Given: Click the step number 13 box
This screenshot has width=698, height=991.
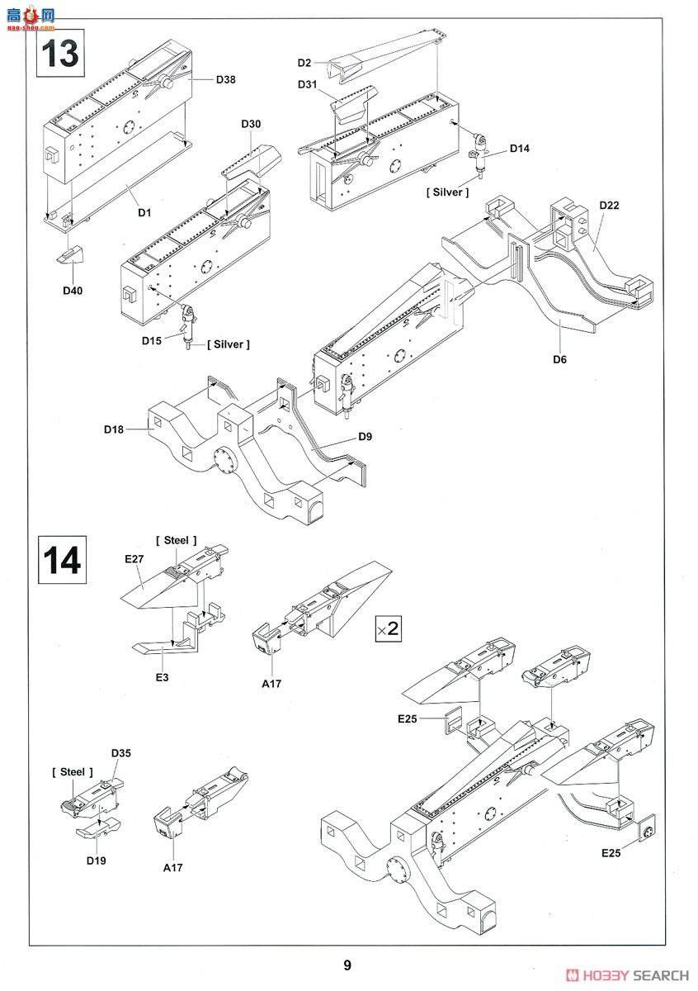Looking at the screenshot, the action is pyautogui.click(x=60, y=53).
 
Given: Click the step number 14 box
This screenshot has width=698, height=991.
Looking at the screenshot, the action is pyautogui.click(x=62, y=560).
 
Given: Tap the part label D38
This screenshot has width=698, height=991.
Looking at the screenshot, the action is pyautogui.click(x=225, y=79).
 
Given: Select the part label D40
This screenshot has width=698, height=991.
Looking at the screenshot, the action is pyautogui.click(x=73, y=291).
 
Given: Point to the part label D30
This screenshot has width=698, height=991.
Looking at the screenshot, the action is pyautogui.click(x=251, y=124).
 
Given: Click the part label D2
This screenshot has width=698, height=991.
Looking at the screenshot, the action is pyautogui.click(x=304, y=63).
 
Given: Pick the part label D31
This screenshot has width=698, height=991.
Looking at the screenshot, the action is pyautogui.click(x=307, y=84).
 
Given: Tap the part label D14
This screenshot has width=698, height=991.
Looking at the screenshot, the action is pyautogui.click(x=520, y=148).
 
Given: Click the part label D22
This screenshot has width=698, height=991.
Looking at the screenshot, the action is pyautogui.click(x=609, y=206).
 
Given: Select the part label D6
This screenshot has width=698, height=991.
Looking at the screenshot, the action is pyautogui.click(x=559, y=359).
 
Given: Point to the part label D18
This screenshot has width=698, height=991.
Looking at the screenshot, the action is pyautogui.click(x=114, y=429).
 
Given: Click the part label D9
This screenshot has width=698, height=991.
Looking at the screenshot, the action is pyautogui.click(x=365, y=437).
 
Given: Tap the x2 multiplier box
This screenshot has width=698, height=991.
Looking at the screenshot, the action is pyautogui.click(x=388, y=628).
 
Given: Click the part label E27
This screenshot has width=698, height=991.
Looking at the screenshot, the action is pyautogui.click(x=134, y=559).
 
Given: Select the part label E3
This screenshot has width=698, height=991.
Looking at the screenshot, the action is pyautogui.click(x=163, y=677).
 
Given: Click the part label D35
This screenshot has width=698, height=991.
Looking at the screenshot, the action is pyautogui.click(x=120, y=753).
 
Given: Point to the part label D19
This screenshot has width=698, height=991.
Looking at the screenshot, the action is pyautogui.click(x=96, y=861).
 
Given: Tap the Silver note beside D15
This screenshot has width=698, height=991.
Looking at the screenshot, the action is pyautogui.click(x=228, y=344).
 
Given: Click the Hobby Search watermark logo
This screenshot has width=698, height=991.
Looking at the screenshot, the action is pyautogui.click(x=628, y=975).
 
